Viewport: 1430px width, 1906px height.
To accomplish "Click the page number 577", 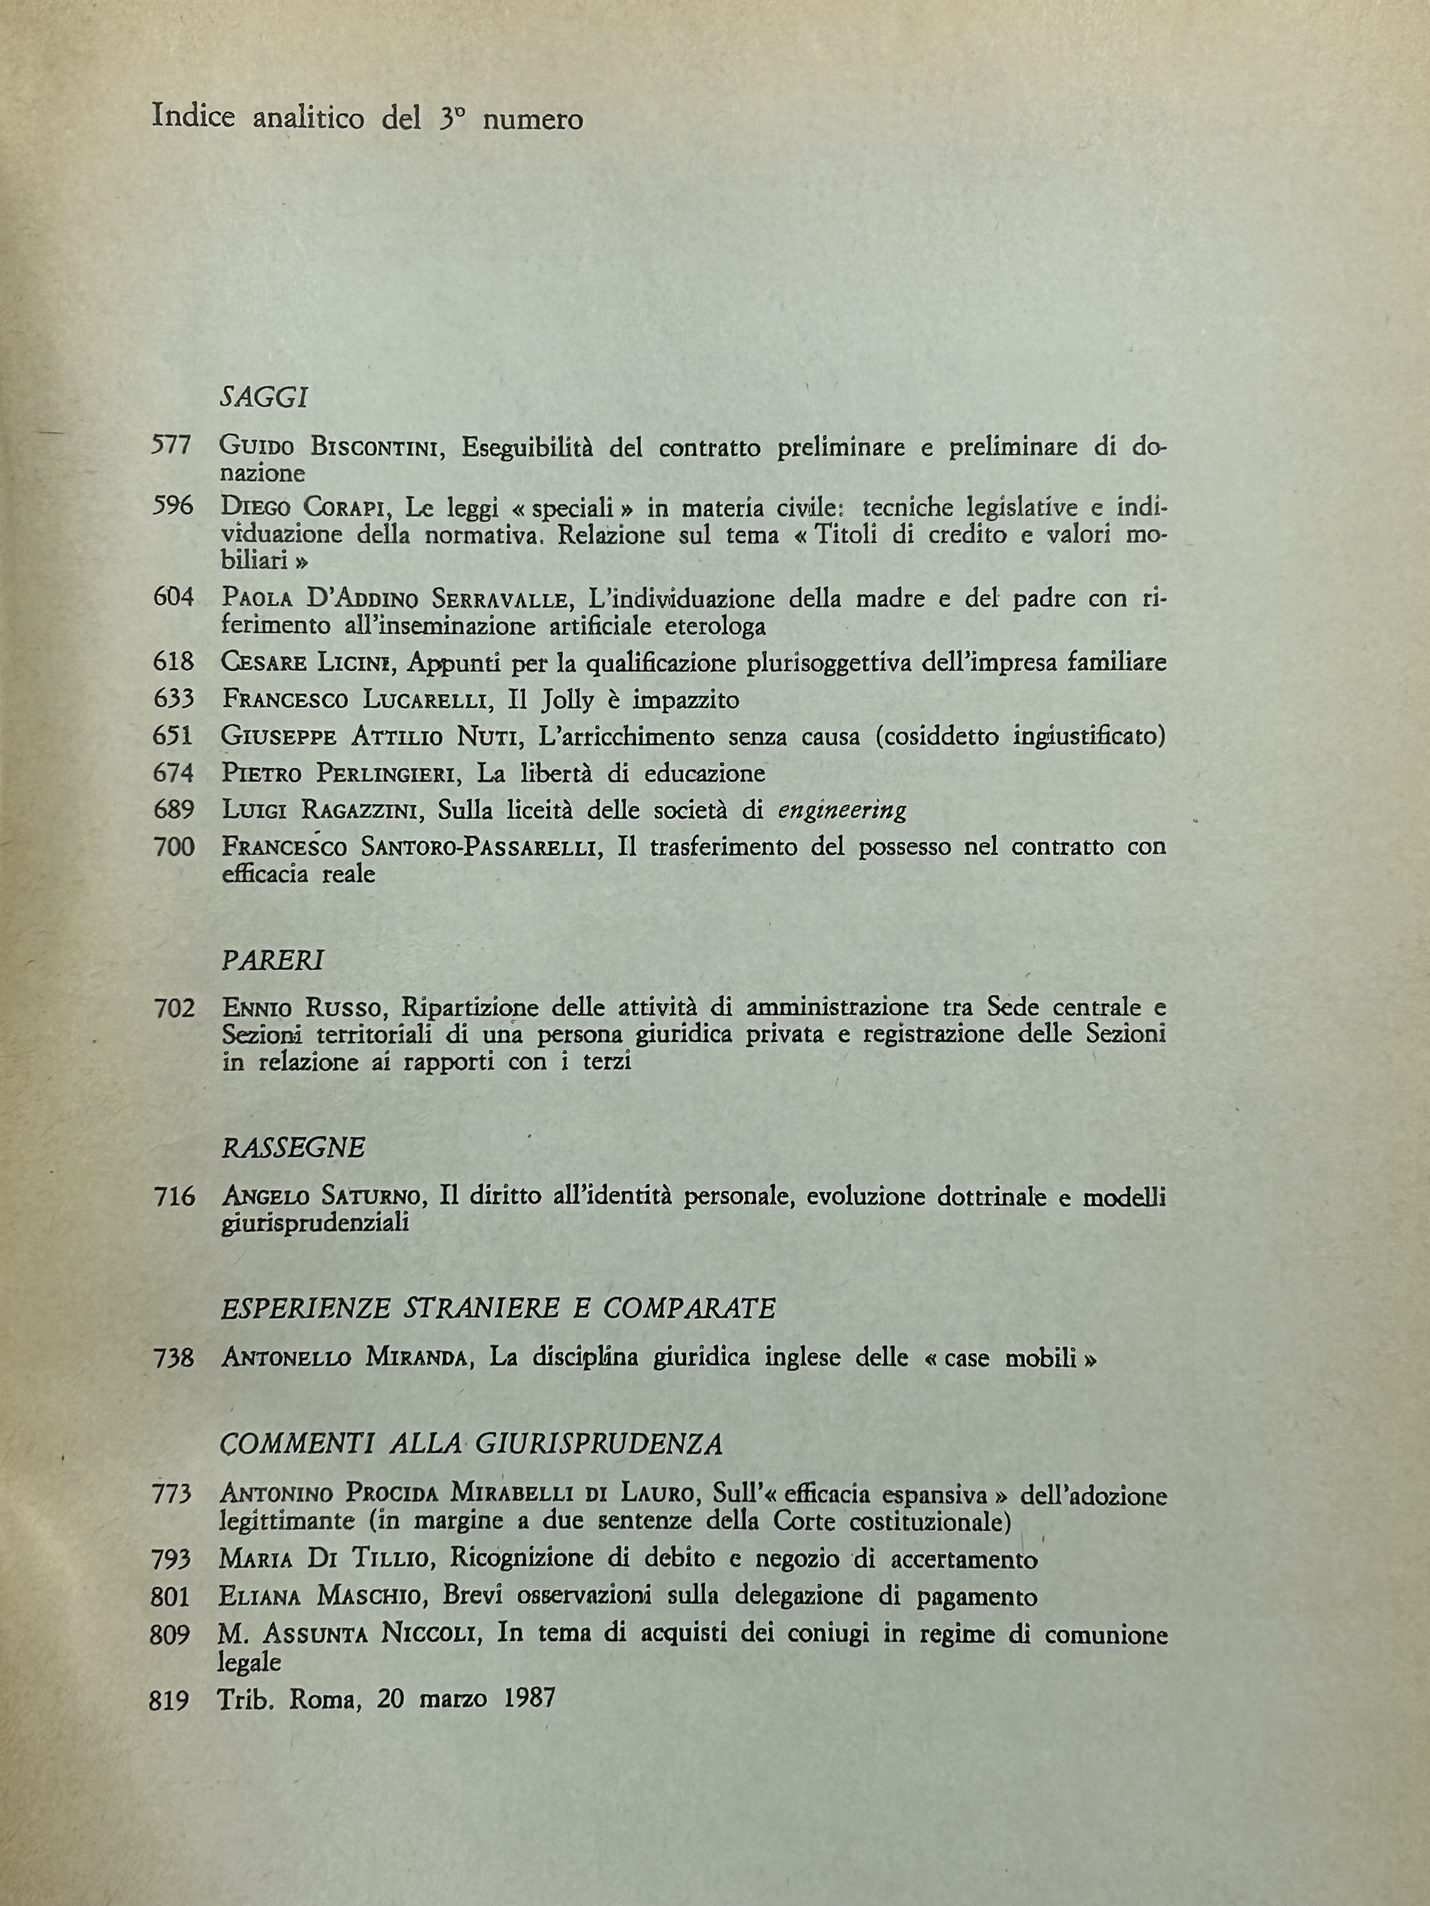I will coord(172,445).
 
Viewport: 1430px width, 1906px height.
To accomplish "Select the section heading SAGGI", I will coord(264,397).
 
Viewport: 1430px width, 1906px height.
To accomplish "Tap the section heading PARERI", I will coord(271,960).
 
